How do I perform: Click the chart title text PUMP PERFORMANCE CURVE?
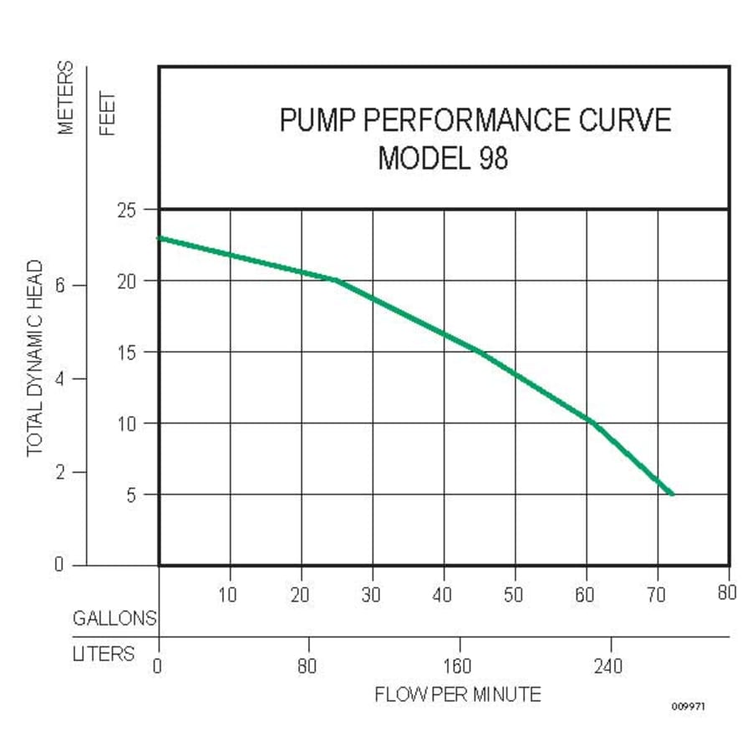475,120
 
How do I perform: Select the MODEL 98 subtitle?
443,158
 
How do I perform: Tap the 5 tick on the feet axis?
130,495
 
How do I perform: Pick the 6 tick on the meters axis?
59,285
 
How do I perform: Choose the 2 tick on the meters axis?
59,473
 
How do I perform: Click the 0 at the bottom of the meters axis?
59,565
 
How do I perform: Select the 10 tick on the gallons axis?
227,595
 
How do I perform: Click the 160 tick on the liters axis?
457,667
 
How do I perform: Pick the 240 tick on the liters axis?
607,667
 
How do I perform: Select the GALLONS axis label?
114,619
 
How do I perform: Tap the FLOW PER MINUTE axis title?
457,694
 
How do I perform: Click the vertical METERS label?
67,97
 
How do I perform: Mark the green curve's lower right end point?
671,494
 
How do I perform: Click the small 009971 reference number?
688,707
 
